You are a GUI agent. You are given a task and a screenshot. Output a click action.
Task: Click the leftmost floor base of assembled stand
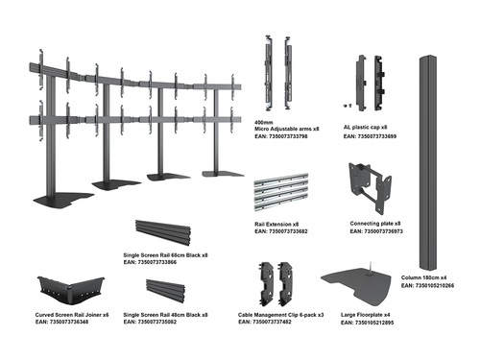60,202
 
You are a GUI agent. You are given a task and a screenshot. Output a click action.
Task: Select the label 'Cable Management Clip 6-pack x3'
278,313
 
